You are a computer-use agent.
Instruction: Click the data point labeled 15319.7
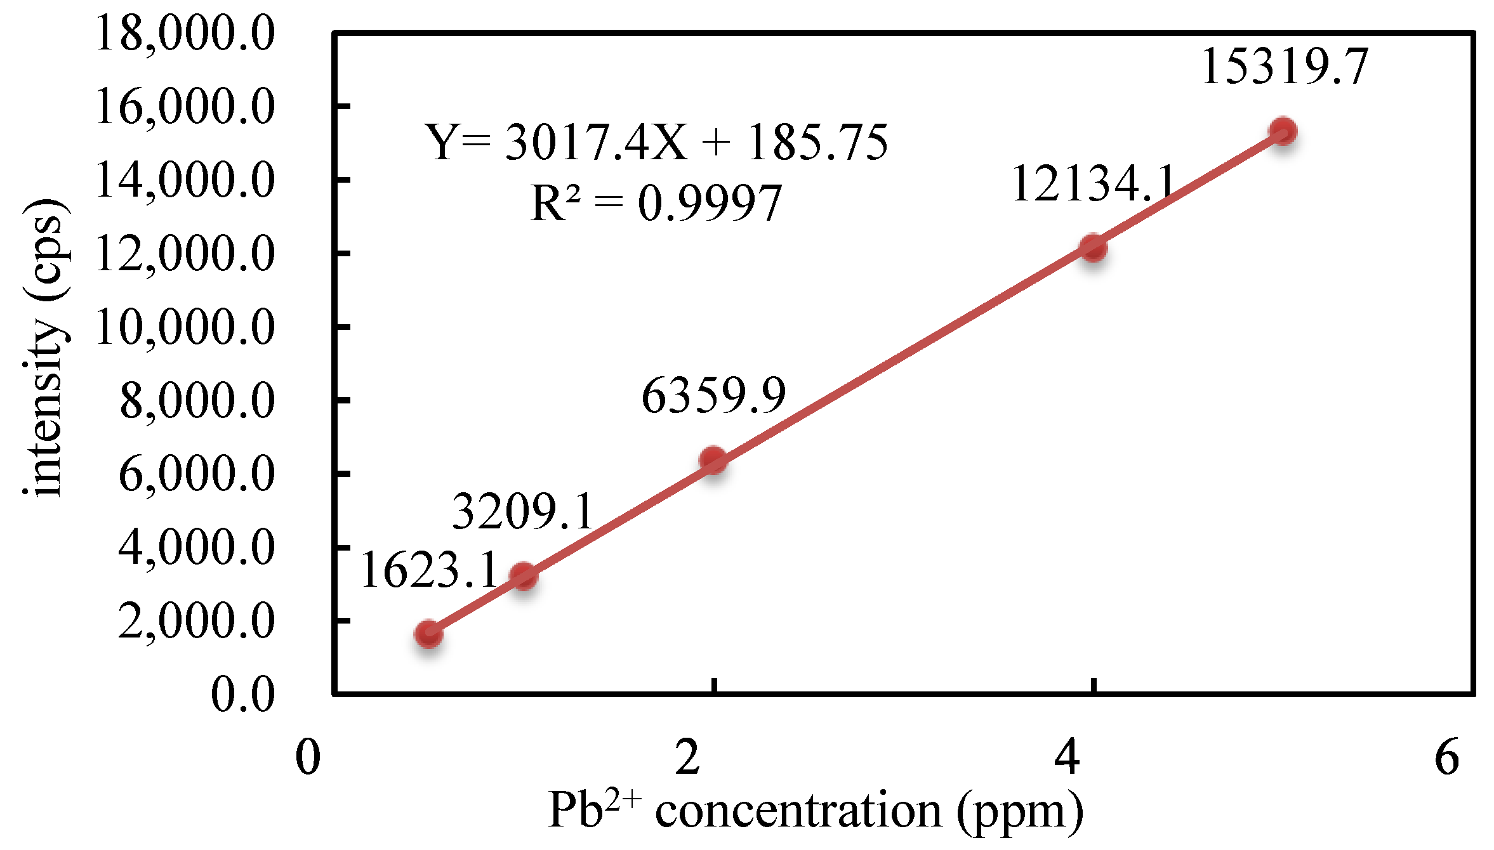[x=1283, y=131]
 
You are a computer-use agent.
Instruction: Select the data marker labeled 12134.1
[x=1093, y=247]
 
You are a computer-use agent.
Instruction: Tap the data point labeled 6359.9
[x=713, y=460]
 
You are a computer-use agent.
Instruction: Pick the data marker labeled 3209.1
[x=524, y=576]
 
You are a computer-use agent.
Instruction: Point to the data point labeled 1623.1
[x=428, y=634]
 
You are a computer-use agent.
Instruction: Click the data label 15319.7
[x=1285, y=66]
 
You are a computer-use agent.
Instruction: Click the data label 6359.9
[x=713, y=395]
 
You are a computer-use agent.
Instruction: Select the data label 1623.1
[x=430, y=570]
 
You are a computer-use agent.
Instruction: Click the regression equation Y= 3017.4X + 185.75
[x=657, y=141]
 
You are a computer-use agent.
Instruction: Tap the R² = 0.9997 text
[x=656, y=203]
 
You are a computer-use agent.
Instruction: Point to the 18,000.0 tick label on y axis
[x=185, y=33]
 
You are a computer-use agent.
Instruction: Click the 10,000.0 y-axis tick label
[x=185, y=327]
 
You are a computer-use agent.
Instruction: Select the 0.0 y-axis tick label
[x=242, y=694]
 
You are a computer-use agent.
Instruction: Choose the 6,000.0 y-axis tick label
[x=196, y=474]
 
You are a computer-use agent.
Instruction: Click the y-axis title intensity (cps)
[x=44, y=348]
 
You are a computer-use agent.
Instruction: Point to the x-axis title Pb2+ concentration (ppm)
[x=816, y=811]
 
